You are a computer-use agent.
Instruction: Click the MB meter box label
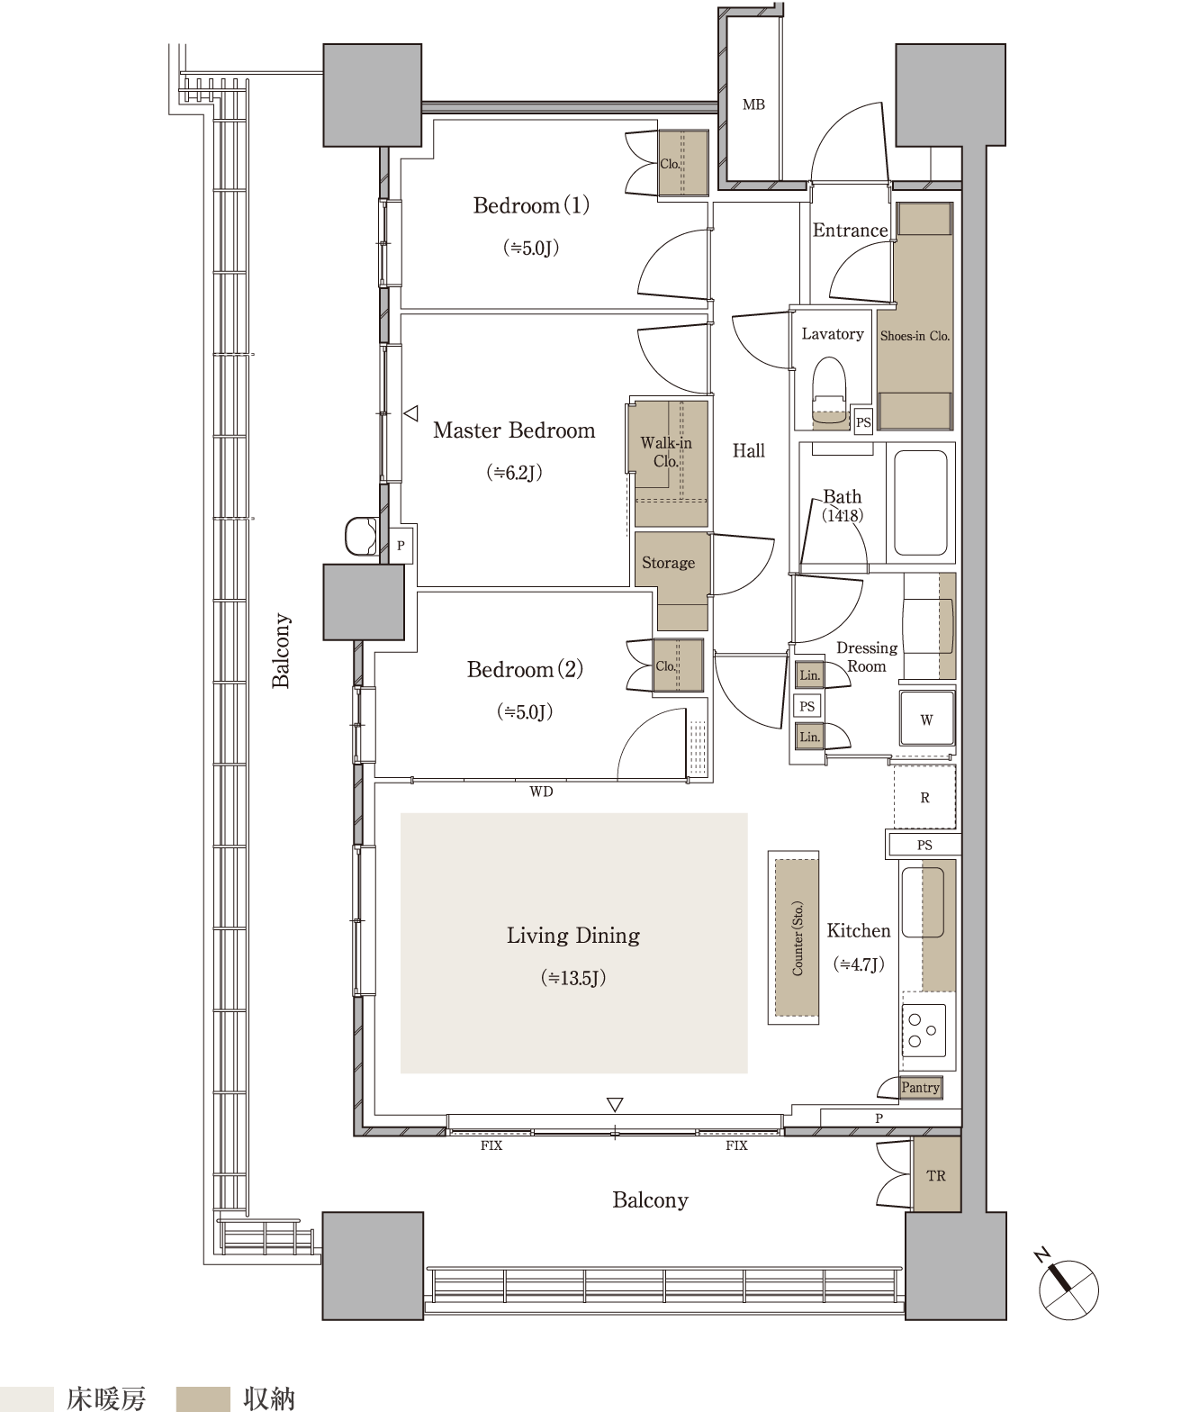(753, 104)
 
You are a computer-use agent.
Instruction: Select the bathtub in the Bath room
(920, 502)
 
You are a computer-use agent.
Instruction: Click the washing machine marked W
(926, 719)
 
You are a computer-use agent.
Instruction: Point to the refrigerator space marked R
(924, 797)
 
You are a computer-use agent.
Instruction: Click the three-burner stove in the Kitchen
(924, 1031)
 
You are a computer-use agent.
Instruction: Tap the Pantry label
(920, 1088)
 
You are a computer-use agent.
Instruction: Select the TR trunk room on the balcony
(936, 1176)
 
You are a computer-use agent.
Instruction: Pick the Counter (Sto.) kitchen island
(797, 937)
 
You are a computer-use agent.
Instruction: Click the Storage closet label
(668, 562)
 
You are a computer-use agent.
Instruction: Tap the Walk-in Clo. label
(666, 451)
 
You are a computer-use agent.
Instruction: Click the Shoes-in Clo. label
(915, 335)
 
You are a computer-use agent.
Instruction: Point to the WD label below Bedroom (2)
(541, 792)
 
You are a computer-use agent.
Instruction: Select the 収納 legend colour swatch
(203, 1398)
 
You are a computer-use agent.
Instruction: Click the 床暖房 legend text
(106, 1398)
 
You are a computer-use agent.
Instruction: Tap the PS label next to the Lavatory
(863, 422)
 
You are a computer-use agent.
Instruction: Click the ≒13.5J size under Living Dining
(572, 978)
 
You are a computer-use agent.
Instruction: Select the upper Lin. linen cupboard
(809, 674)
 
